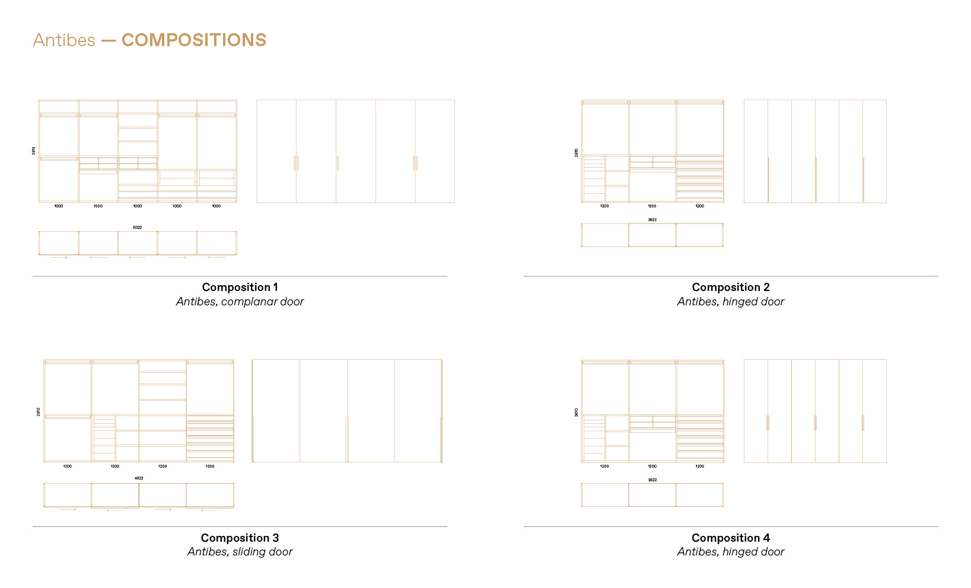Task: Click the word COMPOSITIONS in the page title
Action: tap(193, 40)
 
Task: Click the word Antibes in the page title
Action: tap(64, 40)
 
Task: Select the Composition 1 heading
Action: tap(240, 287)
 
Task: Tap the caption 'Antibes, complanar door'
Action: tap(240, 302)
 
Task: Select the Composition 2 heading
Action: tap(730, 287)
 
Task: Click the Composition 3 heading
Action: tap(240, 538)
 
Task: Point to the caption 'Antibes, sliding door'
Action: tap(240, 552)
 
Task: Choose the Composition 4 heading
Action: tap(730, 538)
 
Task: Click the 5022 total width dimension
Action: tap(137, 228)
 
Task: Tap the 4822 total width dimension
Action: tap(138, 478)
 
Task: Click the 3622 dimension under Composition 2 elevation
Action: tap(652, 220)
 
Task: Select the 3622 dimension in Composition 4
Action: tap(652, 480)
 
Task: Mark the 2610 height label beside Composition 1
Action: tap(34, 151)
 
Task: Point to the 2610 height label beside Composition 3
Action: tap(39, 411)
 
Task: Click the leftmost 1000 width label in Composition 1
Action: tap(59, 206)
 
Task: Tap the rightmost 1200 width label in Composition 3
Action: tap(210, 466)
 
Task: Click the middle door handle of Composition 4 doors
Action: tap(815, 423)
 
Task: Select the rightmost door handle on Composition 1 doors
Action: tap(415, 163)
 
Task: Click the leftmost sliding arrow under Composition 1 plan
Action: tap(59, 258)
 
